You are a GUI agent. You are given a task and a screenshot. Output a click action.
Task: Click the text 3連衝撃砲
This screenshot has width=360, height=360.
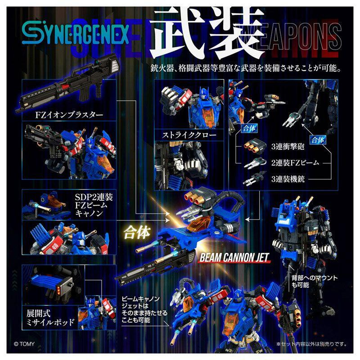click(x=288, y=147)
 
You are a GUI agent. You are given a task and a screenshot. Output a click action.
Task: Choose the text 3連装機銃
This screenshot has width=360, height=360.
click(x=288, y=179)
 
